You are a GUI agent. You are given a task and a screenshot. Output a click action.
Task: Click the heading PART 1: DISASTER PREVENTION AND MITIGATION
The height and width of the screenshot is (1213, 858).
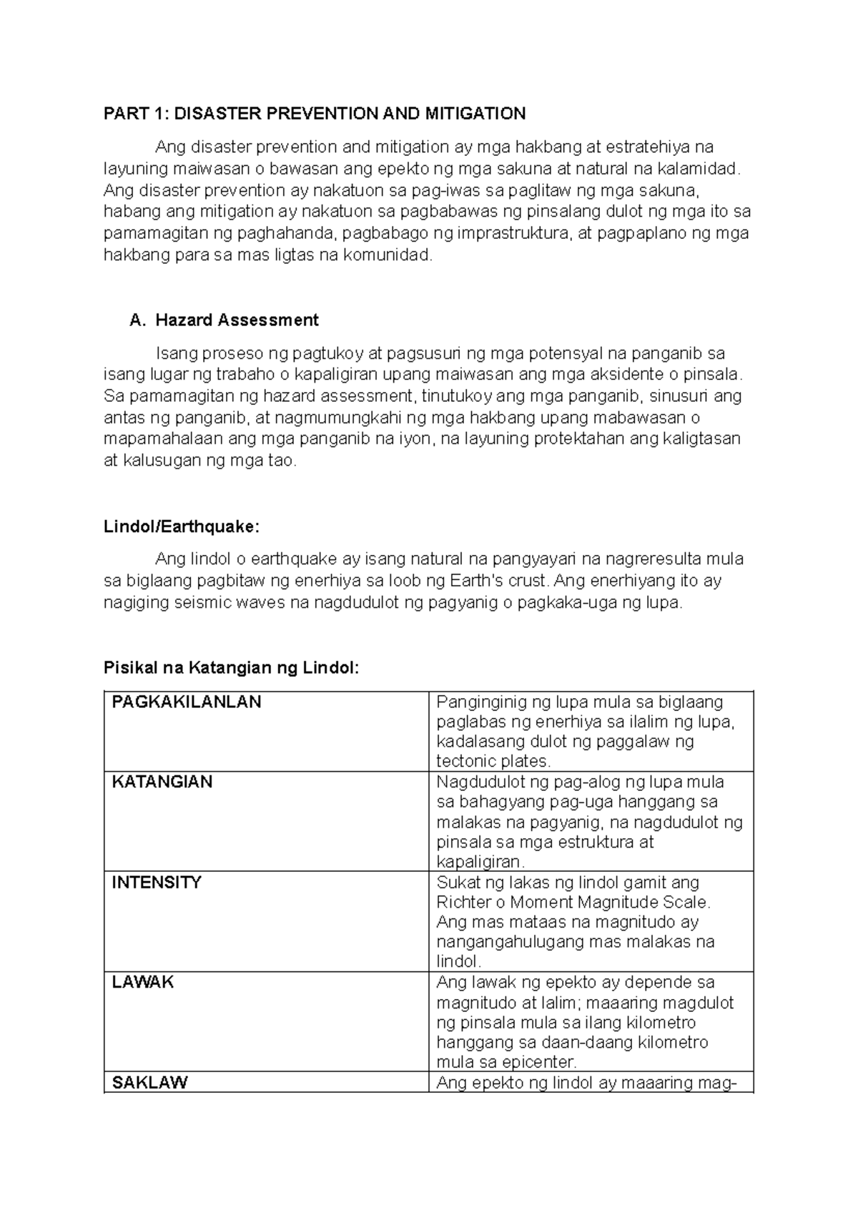click(315, 114)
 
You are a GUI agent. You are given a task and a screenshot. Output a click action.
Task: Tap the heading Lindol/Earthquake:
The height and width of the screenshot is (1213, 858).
click(182, 527)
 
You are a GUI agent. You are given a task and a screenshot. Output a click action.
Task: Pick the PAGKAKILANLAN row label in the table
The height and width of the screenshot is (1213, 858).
click(187, 702)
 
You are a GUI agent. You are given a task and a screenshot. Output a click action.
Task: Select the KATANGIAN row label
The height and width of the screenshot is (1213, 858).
click(162, 782)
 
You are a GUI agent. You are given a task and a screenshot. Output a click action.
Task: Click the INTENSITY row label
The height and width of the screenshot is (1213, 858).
click(157, 882)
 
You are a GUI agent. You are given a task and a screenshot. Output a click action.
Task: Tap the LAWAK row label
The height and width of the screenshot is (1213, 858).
click(143, 982)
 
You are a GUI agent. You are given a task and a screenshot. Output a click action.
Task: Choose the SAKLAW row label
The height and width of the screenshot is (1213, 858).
click(149, 1082)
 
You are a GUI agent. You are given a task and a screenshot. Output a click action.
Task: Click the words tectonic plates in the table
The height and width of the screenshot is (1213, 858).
click(493, 761)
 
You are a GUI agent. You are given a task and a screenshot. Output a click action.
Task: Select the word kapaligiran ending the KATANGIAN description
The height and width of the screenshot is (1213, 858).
click(480, 862)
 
